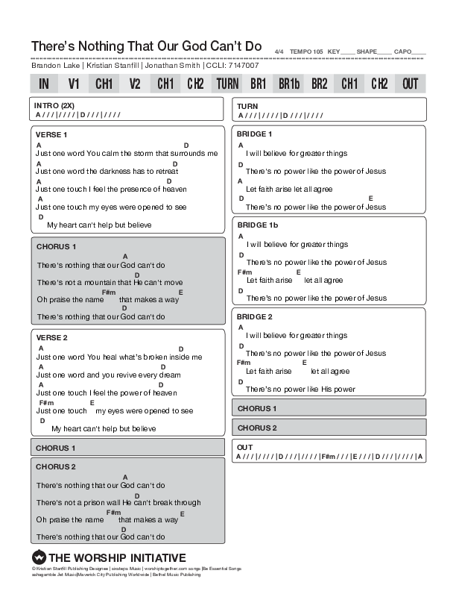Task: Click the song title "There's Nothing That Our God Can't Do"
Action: pos(146,46)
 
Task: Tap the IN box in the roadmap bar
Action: pos(44,84)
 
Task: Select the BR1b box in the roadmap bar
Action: pos(289,84)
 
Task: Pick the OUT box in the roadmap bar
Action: pos(411,84)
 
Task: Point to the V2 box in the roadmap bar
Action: pos(135,84)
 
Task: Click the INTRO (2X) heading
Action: pos(54,105)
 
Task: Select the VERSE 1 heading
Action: pos(51,134)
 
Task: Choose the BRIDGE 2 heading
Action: pos(254,316)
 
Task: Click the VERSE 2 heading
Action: pos(51,338)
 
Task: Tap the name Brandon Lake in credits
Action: pos(56,66)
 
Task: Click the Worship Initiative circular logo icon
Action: pos(39,557)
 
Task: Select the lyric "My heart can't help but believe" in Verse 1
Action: pos(99,225)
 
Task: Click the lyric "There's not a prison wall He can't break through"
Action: pos(118,502)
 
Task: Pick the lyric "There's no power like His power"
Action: pos(300,389)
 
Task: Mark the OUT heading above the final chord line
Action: pos(245,447)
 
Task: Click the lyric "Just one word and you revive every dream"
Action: pos(108,375)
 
